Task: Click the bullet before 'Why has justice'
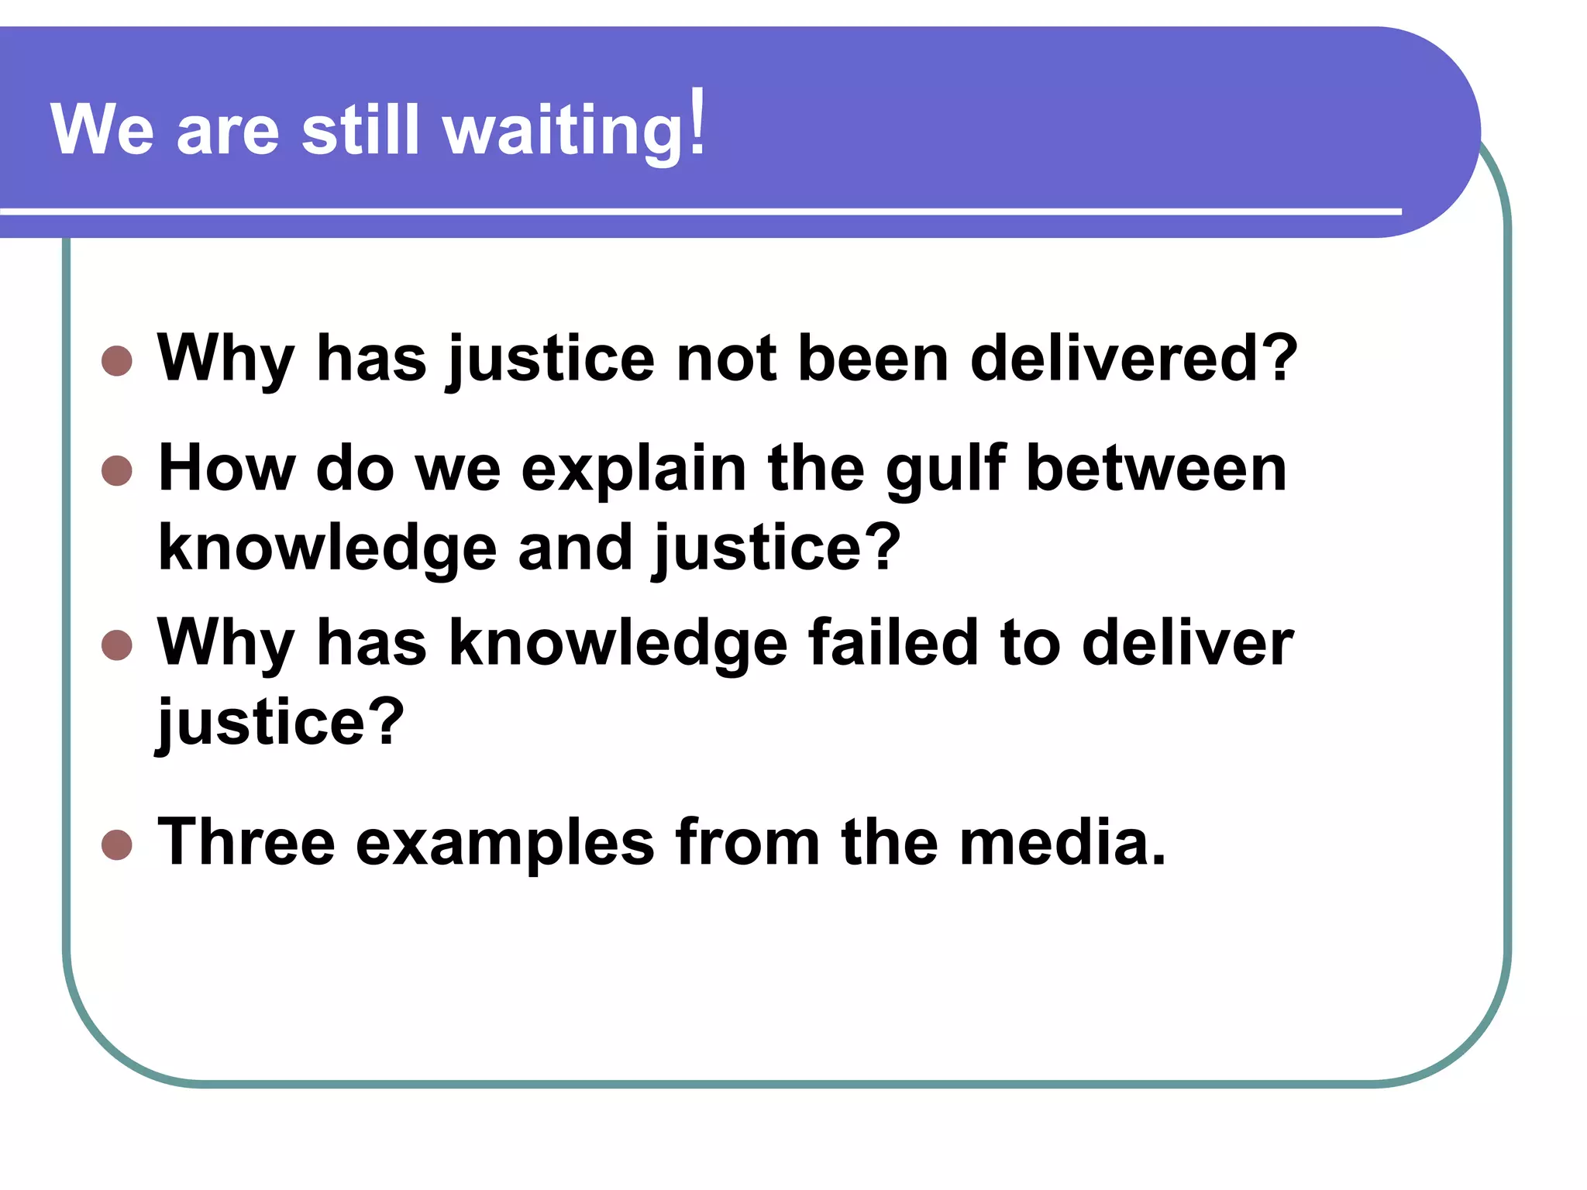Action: click(x=117, y=360)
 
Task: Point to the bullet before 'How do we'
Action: click(x=117, y=470)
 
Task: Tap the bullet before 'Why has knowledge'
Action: click(x=117, y=645)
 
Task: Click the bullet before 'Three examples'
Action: click(x=117, y=844)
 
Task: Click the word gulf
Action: click(x=946, y=469)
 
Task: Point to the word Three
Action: click(x=246, y=842)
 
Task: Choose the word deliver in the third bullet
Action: click(x=1187, y=642)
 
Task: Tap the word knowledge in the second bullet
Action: click(x=327, y=549)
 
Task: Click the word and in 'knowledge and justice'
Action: click(x=575, y=547)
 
